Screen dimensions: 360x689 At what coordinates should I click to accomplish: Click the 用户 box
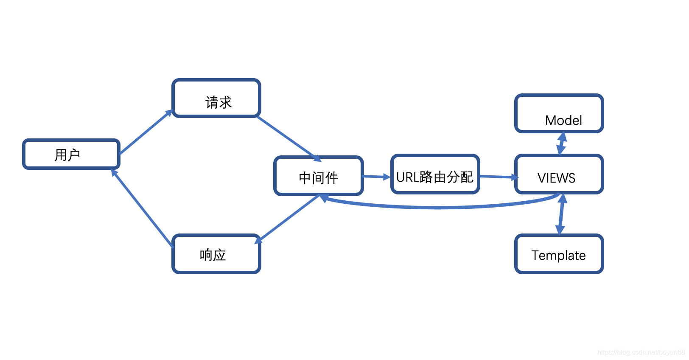(71, 155)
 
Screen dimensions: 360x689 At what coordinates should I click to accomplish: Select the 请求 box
(216, 98)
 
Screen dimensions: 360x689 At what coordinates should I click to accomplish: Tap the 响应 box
(216, 254)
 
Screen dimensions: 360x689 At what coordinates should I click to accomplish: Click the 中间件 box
(318, 176)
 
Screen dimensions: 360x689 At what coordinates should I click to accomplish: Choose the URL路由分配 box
(435, 174)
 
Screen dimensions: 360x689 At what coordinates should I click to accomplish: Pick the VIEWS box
(559, 174)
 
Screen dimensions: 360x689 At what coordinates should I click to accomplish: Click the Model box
(559, 113)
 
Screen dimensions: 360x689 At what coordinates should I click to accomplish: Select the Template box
(559, 254)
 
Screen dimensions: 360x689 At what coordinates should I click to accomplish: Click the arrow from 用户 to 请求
(145, 132)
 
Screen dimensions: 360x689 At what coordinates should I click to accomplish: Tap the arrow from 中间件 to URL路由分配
(376, 177)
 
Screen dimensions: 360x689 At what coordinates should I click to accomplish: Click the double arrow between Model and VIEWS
(562, 143)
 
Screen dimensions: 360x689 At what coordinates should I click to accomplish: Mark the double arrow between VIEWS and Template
(561, 214)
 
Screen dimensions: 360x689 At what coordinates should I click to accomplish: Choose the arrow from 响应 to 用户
(143, 208)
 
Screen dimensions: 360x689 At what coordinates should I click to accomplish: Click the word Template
(558, 256)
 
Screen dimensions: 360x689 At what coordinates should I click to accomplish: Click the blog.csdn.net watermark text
(641, 352)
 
